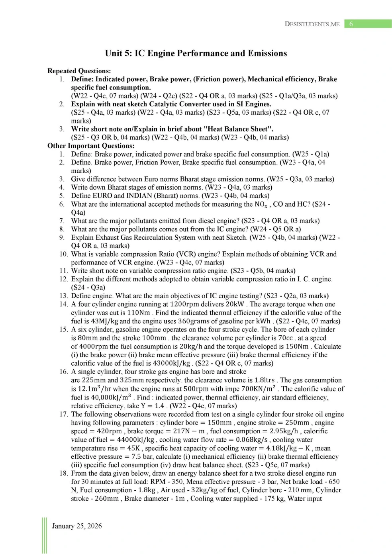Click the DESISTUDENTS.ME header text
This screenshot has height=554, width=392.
(x=312, y=24)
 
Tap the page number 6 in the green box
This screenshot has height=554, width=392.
(x=351, y=24)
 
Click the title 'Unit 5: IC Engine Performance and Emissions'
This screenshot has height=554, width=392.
(x=196, y=53)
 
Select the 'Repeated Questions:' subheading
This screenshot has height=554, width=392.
(x=79, y=71)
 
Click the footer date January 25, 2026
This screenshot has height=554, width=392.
(x=77, y=526)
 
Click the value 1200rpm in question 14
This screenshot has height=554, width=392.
(x=184, y=304)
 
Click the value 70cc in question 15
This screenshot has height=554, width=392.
(x=285, y=338)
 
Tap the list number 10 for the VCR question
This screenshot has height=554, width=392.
(x=63, y=254)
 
